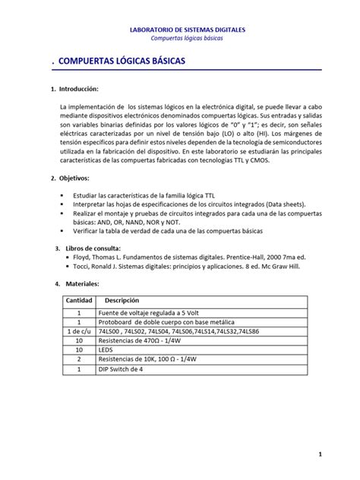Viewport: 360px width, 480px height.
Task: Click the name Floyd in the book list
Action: [83, 257]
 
